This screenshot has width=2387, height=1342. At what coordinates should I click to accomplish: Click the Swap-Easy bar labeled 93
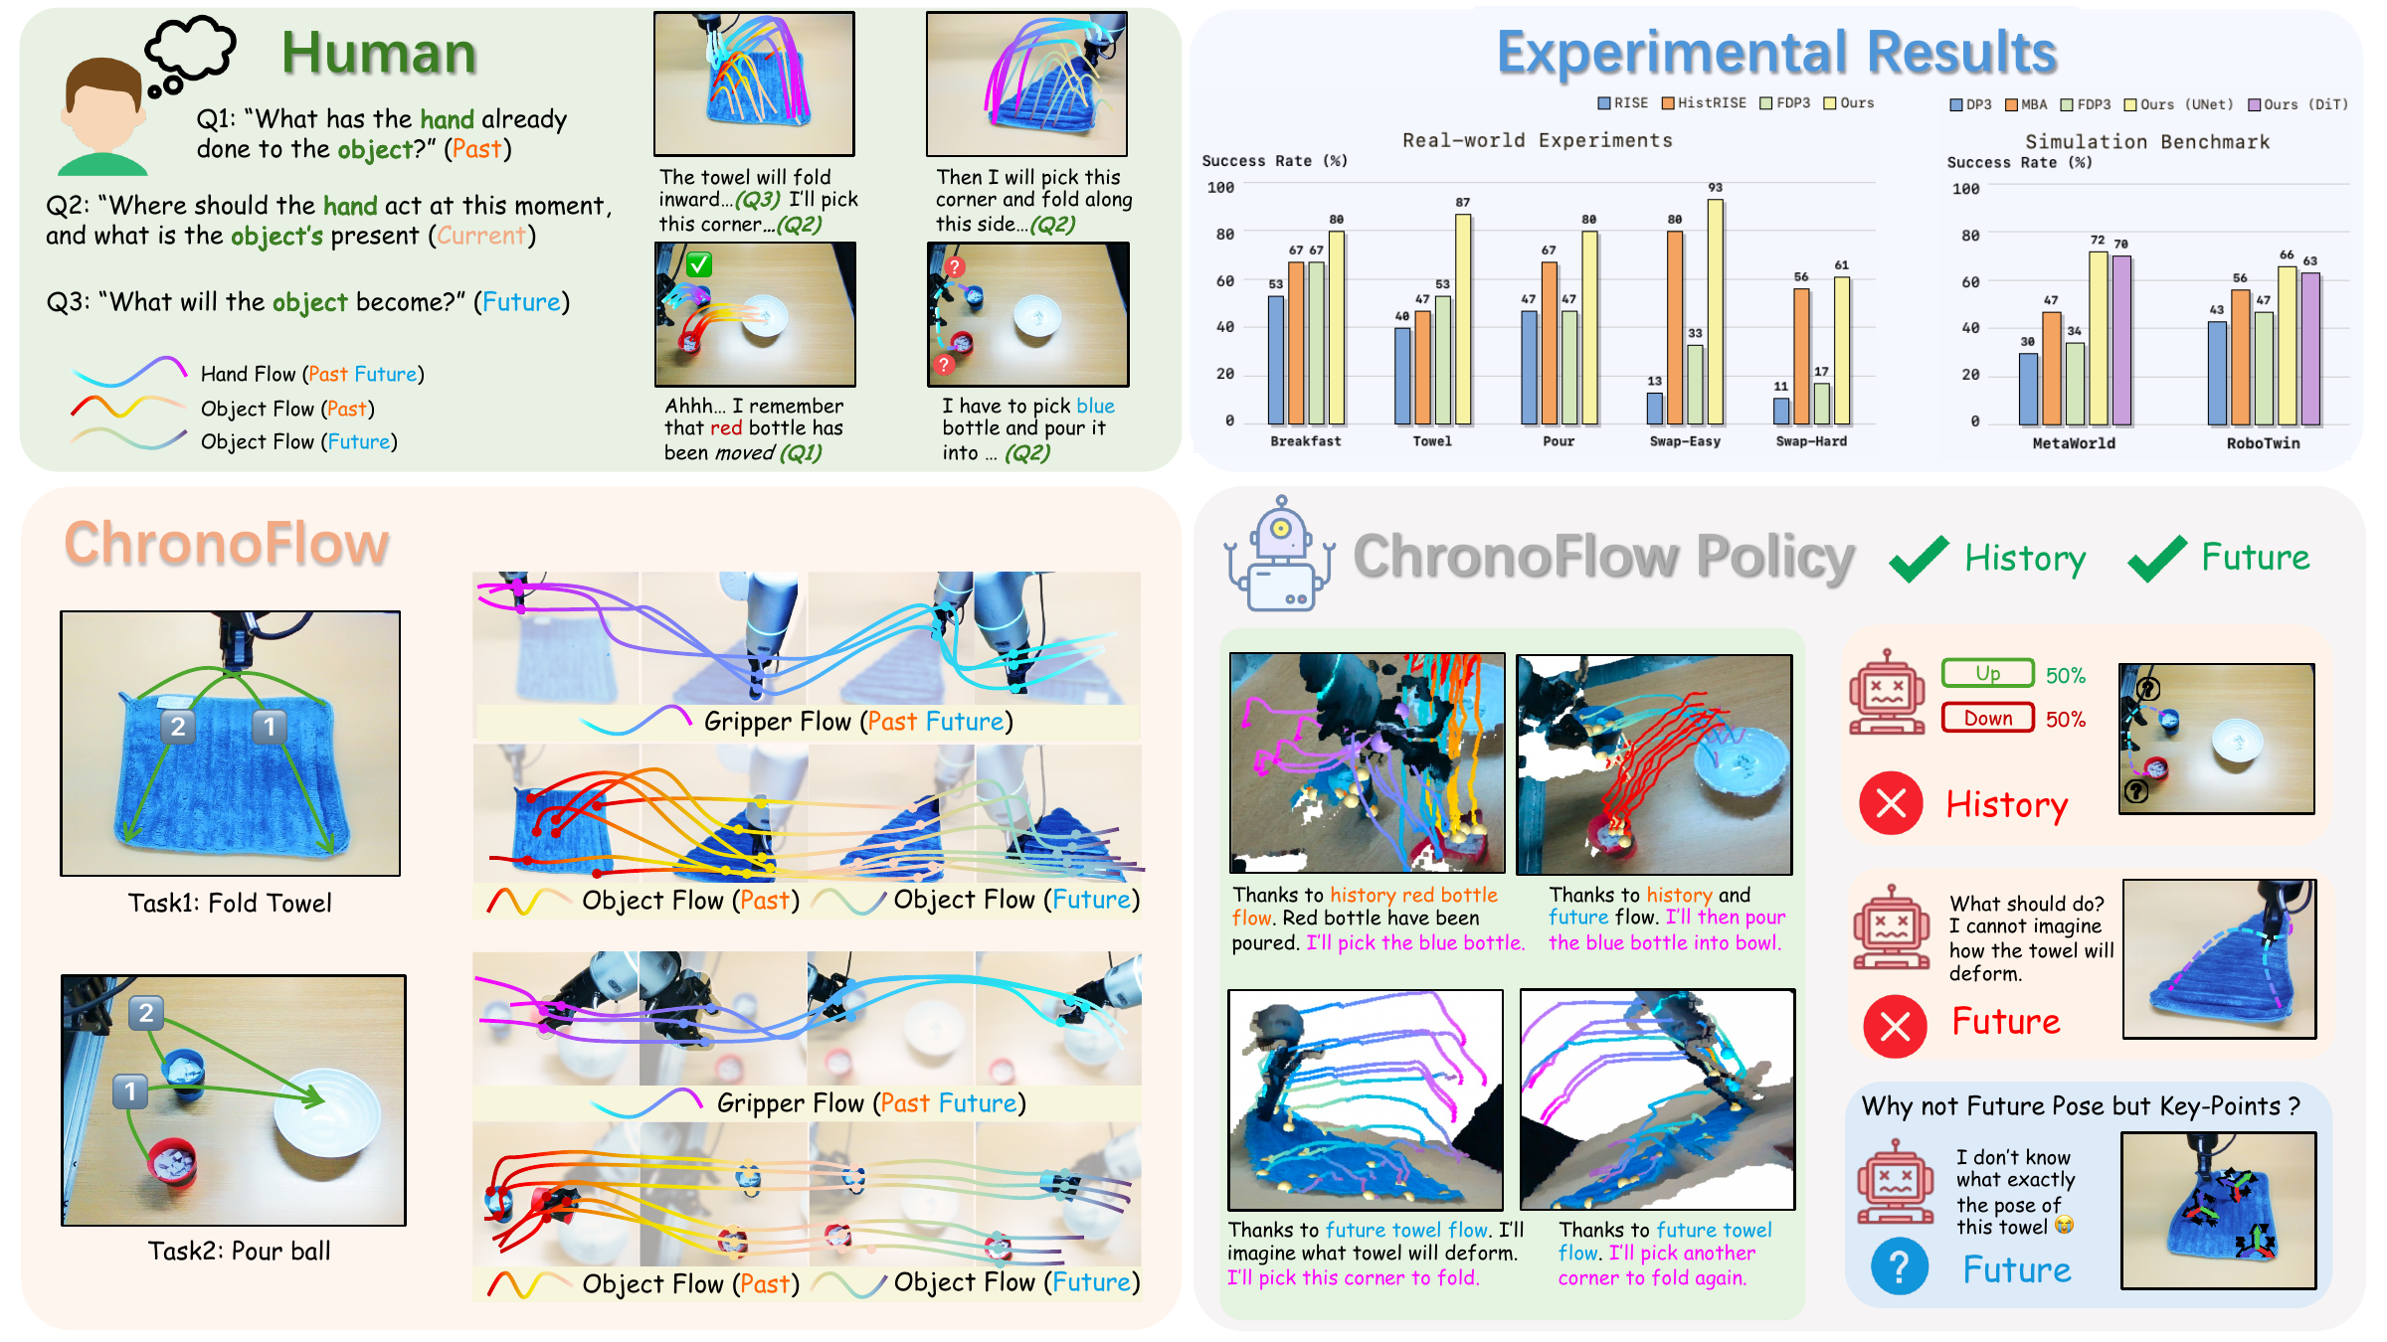coord(1715,312)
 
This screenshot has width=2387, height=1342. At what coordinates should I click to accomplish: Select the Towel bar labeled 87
coord(1463,319)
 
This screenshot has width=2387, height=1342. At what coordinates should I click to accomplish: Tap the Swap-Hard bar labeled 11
coord(1781,412)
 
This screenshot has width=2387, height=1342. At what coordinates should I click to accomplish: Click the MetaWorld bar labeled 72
coord(2098,338)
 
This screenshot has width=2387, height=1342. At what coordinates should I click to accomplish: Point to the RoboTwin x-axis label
coord(2263,443)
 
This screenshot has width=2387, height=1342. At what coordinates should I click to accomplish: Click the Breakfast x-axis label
coord(1305,441)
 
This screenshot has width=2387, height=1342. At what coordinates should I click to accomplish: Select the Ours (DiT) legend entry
coord(2297,104)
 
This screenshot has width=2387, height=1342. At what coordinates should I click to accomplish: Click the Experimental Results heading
coord(1776,52)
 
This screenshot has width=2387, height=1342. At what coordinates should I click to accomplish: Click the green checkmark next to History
coord(1919,558)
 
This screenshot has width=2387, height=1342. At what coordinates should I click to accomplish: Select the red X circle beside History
coord(1891,803)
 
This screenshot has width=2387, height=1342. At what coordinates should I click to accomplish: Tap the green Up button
coord(1987,673)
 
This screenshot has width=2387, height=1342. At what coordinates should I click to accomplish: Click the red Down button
coord(1987,718)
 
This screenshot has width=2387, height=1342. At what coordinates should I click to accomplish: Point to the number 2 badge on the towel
coord(178,727)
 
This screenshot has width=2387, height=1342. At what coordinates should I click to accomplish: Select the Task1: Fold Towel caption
coord(230,903)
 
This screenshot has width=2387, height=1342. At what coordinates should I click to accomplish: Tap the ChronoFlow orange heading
coord(227,544)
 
